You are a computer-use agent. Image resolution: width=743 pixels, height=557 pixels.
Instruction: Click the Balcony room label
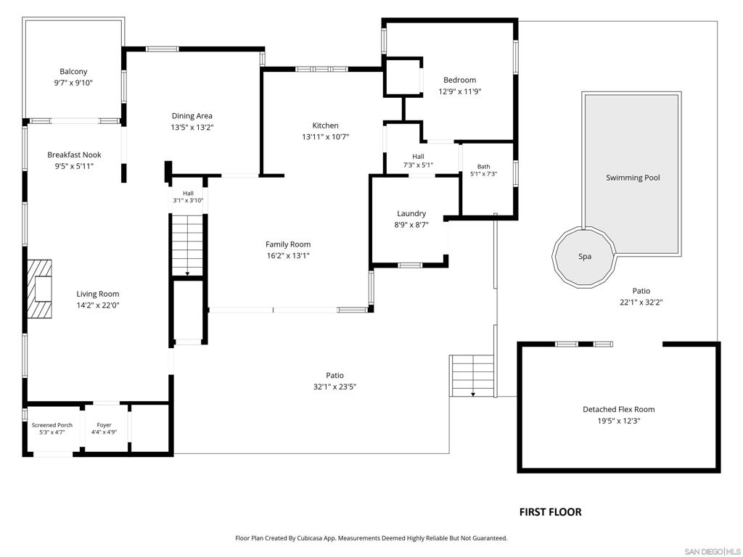click(73, 72)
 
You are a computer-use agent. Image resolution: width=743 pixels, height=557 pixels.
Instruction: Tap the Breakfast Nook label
click(74, 155)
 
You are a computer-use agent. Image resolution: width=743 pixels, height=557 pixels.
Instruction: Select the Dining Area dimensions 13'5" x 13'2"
click(192, 128)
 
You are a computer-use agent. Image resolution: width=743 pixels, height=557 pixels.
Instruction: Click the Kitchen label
click(325, 125)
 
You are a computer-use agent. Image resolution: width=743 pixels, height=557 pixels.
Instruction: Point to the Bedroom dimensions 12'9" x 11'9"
click(459, 91)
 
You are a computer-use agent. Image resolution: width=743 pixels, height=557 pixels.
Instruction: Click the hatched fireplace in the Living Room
click(39, 289)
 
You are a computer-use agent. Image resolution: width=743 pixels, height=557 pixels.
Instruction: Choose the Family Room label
click(287, 244)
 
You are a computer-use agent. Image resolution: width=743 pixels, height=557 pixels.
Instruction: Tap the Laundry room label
click(411, 214)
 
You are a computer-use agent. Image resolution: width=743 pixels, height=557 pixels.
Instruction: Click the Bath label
click(483, 167)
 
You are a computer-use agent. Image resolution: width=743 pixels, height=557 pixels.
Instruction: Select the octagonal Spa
click(584, 256)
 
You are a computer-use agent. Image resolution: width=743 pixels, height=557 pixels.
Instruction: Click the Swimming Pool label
click(633, 178)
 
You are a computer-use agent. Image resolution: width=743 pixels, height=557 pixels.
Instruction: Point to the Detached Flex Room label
click(618, 409)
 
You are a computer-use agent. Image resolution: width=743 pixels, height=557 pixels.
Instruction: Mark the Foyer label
click(104, 425)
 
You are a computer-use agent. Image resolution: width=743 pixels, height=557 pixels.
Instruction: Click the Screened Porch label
click(52, 425)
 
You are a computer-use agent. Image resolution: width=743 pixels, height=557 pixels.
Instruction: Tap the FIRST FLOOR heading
click(550, 512)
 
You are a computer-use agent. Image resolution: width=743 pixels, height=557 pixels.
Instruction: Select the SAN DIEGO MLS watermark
click(713, 552)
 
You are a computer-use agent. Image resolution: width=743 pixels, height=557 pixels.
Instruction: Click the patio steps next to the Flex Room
click(472, 376)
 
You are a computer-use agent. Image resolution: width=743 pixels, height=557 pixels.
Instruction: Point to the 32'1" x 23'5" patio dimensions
click(334, 387)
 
